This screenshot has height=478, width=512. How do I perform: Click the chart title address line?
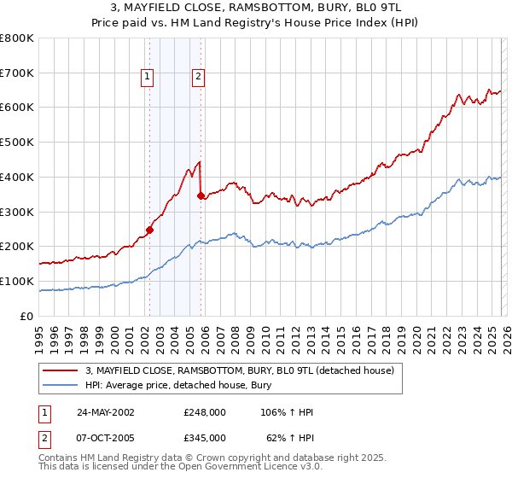click(255, 9)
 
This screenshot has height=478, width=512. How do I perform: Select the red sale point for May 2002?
click(149, 229)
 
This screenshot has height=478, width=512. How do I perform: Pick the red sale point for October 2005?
click(201, 195)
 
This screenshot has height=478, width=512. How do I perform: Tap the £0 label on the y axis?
click(26, 316)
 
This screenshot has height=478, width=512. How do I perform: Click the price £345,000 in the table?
click(205, 437)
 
